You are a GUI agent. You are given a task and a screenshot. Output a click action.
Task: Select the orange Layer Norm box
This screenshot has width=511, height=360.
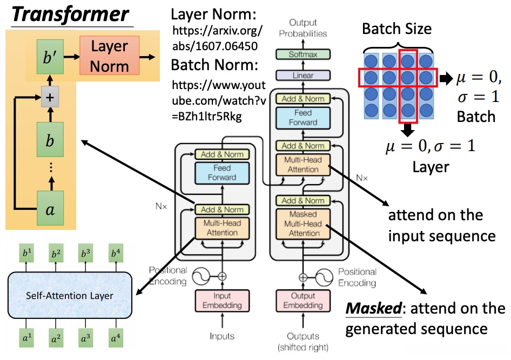pos(110,56)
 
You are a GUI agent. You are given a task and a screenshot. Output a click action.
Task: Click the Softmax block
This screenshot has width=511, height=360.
pos(303,54)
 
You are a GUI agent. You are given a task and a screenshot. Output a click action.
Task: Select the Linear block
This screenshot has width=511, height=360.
pos(303,76)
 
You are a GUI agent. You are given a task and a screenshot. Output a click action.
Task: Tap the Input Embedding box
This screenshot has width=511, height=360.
pos(223,301)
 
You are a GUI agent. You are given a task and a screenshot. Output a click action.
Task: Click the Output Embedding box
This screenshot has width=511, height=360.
pos(303,301)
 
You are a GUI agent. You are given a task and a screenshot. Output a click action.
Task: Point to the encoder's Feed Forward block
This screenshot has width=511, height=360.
pos(223,172)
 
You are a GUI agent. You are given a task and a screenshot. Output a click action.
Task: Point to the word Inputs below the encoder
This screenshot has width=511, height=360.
pos(223,336)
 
